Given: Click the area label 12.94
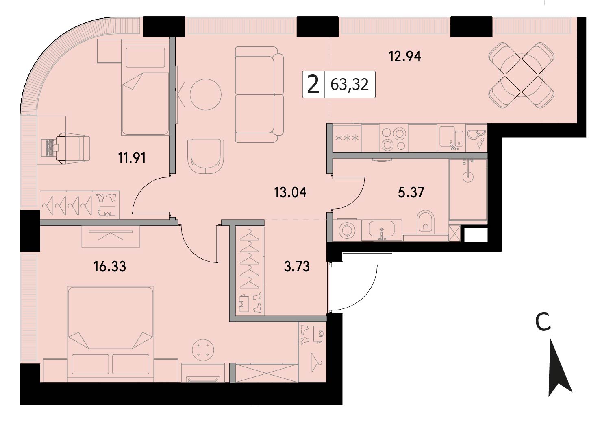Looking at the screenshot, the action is point(405,57).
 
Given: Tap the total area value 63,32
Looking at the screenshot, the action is point(350,84).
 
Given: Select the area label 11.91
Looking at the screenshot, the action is point(132,158).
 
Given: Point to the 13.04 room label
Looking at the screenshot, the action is point(290,193).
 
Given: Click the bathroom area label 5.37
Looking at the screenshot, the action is point(411,192).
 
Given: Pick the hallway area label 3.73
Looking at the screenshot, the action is point(297,267).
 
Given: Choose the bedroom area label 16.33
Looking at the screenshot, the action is point(110,267).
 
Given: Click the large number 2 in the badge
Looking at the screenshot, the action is point(313,84).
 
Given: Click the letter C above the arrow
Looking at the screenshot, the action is point(543,323).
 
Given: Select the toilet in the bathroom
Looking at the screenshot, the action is point(426,222).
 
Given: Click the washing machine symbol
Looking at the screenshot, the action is point(347,230).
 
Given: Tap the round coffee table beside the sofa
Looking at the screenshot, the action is point(206,94).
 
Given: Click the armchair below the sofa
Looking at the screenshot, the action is point(206,157).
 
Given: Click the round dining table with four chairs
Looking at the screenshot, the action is point(522,75).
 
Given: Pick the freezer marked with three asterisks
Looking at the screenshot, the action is point(347,138).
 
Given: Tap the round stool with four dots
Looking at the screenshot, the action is point(203,350).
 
